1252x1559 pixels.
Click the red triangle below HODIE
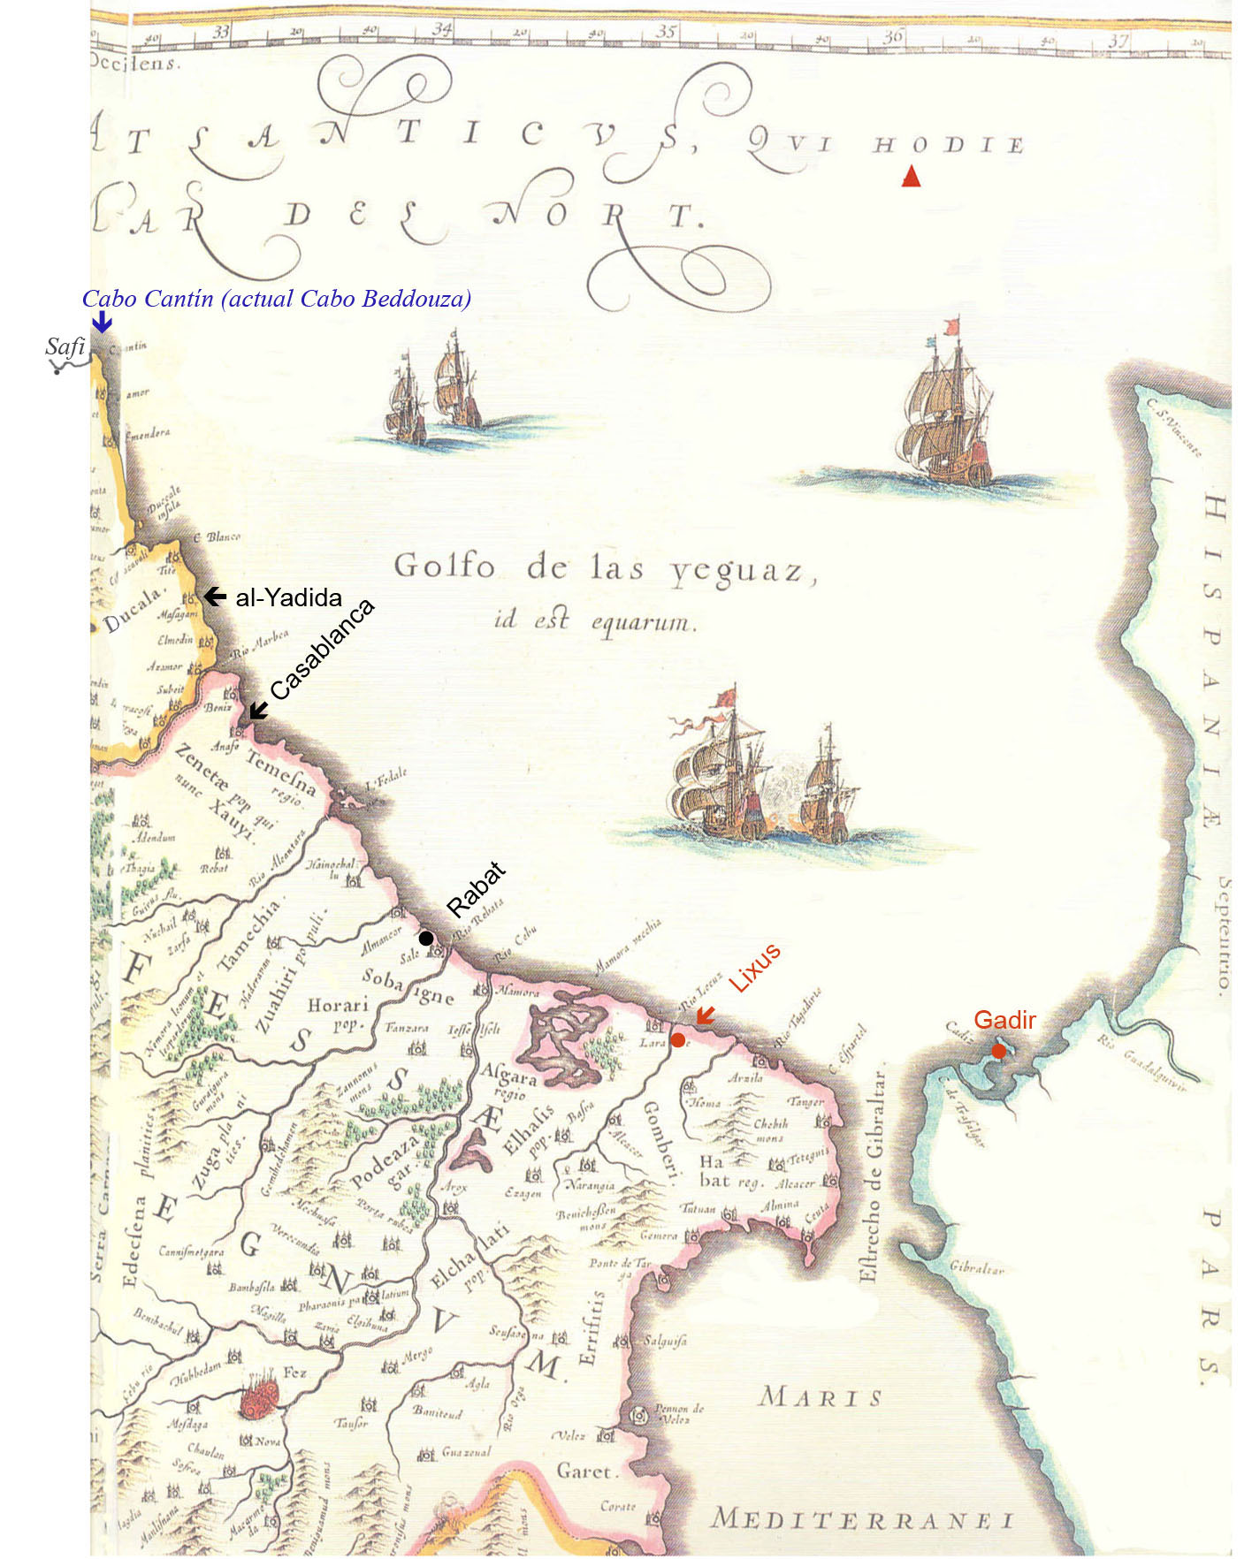[911, 177]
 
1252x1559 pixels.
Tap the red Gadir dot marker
[998, 1051]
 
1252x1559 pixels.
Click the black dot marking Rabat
[425, 938]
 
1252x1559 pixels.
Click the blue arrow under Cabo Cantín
[102, 322]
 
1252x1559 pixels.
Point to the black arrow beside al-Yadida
[215, 597]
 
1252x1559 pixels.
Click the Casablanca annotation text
[322, 649]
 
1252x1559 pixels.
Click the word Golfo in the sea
[443, 566]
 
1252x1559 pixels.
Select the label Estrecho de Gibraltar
[872, 1175]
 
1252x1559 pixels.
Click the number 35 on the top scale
[666, 32]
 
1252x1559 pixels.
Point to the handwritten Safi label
[65, 346]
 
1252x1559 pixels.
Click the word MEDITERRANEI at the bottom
[862, 1519]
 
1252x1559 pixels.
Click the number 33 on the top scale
[220, 32]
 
